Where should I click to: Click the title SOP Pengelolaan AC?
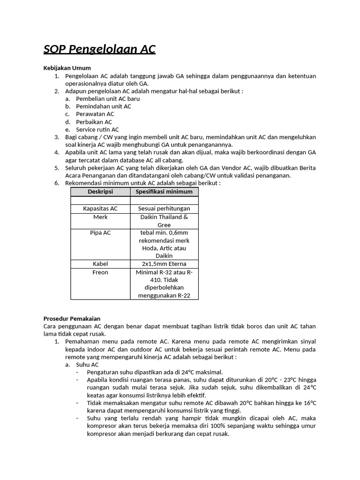click(99, 49)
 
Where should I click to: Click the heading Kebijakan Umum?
click(67, 68)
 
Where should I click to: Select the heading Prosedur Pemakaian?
click(72, 319)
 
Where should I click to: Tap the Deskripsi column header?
click(100, 192)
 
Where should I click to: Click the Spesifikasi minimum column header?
click(164, 192)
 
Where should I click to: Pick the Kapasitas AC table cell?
click(100, 209)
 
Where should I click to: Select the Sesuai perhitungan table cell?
click(164, 209)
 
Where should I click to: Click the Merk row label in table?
click(100, 217)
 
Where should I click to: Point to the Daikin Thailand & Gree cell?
click(164, 221)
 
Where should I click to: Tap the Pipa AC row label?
click(100, 232)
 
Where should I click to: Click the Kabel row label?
click(100, 264)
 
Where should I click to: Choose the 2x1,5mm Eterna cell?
click(164, 264)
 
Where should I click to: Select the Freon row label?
click(100, 272)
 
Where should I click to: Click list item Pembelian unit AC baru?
click(108, 99)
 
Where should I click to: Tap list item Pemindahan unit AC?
click(104, 106)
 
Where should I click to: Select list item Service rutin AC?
click(97, 129)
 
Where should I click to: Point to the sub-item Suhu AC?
click(87, 364)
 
